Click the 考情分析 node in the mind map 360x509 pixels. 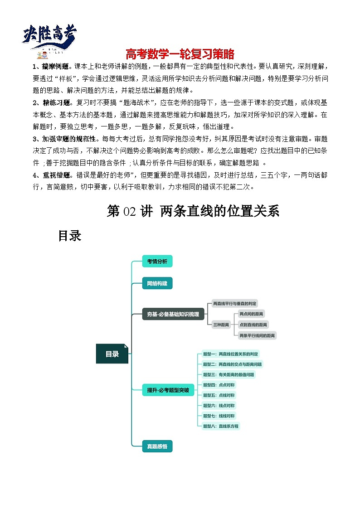pos(157,262)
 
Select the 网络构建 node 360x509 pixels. pos(157,284)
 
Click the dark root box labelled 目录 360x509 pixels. pos(112,354)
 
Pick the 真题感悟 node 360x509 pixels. pos(157,446)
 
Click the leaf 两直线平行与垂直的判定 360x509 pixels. pos(235,303)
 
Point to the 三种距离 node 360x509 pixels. pos(221,325)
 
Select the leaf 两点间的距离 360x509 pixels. pos(252,314)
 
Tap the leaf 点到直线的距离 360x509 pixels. pos(253,325)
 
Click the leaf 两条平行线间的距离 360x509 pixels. pos(257,335)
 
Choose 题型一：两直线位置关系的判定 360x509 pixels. pos(231,354)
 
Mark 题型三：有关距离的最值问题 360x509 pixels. pos(229,375)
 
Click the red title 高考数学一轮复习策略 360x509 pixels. pos(180,54)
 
